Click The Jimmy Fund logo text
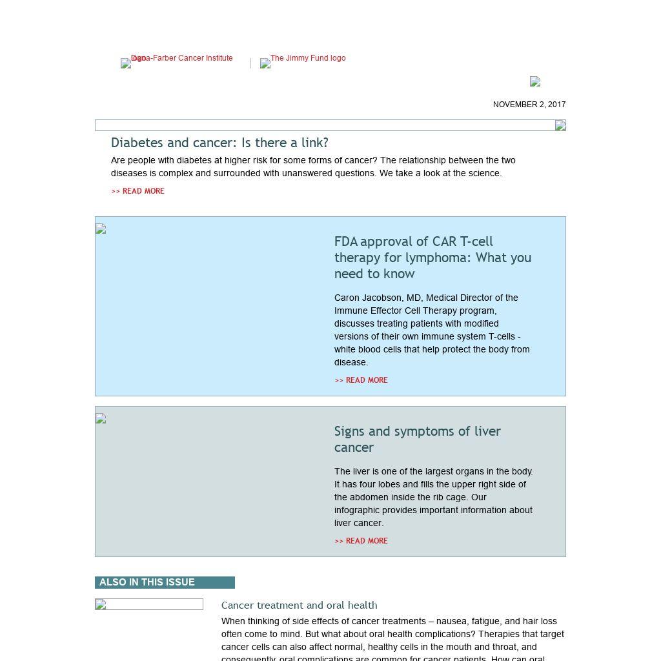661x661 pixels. [x=307, y=59]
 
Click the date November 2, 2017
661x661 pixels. [x=529, y=105]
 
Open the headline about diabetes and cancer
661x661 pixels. [x=219, y=143]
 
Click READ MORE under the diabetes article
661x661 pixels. [x=137, y=191]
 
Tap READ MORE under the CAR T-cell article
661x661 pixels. [x=361, y=380]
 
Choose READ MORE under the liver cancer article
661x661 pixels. [x=361, y=541]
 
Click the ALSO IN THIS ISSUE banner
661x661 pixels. [x=165, y=582]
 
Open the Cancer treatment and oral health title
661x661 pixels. [x=299, y=605]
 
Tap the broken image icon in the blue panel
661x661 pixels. [x=101, y=229]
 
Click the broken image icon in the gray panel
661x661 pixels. [x=101, y=418]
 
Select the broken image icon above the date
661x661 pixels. [x=535, y=81]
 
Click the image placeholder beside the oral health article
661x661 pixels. [x=148, y=604]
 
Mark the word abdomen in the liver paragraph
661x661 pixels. [x=369, y=497]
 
